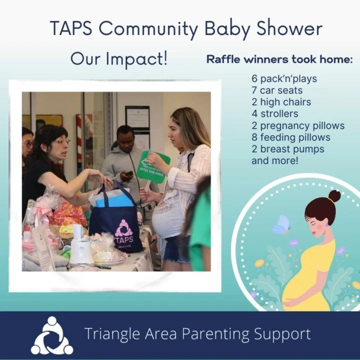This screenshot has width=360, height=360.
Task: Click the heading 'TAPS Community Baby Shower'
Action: (186, 28)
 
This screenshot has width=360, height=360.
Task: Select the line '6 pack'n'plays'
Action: (284, 79)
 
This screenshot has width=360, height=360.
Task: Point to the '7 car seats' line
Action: (277, 90)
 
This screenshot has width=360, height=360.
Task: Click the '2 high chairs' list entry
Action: (281, 102)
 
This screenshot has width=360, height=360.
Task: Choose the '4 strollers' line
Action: (274, 113)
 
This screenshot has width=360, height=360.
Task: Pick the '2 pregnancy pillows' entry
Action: (298, 125)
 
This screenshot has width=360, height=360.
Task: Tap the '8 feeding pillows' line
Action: (291, 137)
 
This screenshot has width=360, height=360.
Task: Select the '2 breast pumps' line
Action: (287, 149)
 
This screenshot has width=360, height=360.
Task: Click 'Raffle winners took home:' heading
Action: (280, 60)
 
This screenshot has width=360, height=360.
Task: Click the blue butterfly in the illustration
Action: (281, 225)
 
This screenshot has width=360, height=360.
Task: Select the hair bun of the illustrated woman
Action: (334, 196)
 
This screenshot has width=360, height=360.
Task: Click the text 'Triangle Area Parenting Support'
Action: (197, 334)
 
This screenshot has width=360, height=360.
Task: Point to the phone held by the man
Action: (129, 173)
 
